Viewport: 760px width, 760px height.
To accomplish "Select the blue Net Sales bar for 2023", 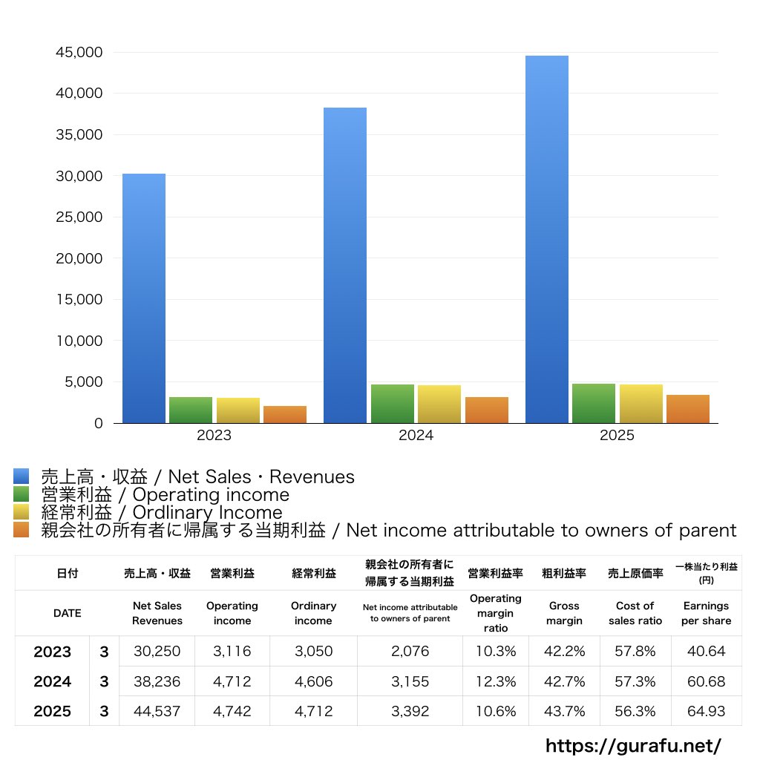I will click(144, 298).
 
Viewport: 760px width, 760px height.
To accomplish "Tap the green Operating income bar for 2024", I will click(392, 404).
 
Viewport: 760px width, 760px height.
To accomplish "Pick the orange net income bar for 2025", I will click(687, 409).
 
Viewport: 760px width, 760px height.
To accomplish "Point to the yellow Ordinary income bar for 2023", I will click(238, 410).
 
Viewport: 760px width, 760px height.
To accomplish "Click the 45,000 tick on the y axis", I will click(79, 53).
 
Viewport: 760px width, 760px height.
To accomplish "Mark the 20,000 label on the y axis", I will click(79, 258).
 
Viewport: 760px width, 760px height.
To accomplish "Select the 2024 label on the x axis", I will click(416, 436).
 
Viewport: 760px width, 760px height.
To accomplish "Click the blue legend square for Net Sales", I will click(21, 476).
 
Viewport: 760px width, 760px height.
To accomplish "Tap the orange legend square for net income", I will click(21, 530).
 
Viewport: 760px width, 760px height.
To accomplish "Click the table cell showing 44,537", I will click(157, 711).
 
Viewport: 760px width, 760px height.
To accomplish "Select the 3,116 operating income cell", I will click(232, 652).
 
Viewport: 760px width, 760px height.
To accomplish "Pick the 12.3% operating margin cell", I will click(496, 681).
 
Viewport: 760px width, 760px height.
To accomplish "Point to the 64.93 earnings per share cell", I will click(706, 711).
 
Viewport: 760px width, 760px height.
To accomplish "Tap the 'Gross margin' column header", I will click(564, 613).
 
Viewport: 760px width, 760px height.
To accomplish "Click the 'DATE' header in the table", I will click(67, 613).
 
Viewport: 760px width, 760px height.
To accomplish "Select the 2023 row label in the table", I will click(53, 652).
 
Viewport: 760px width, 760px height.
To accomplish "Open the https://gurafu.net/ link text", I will click(633, 745).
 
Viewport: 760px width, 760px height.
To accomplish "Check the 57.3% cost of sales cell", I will click(635, 681).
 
